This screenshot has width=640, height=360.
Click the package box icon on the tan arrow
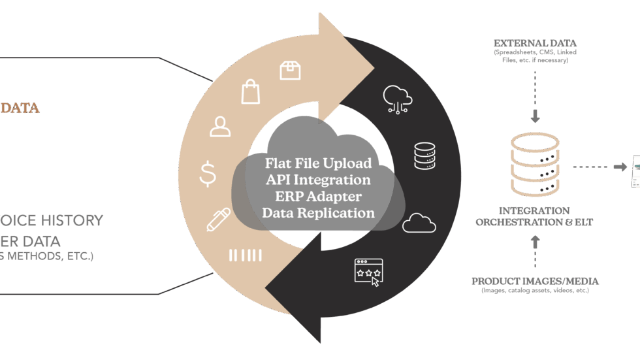coord(289,70)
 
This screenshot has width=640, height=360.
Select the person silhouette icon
coord(220,126)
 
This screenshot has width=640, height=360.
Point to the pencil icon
coord(218,220)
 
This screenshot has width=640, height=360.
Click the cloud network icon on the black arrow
coord(398,99)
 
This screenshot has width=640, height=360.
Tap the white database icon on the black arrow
coord(424,155)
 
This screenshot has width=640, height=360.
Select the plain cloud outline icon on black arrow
coord(419,223)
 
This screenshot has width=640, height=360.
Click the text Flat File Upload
coord(318,163)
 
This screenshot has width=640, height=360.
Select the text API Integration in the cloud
coord(318,180)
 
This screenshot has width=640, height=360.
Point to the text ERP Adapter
coord(318,196)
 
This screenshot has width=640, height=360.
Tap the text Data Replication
coord(318,213)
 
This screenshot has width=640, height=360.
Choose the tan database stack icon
coord(534,165)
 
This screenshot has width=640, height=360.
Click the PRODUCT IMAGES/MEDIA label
coord(535,281)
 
